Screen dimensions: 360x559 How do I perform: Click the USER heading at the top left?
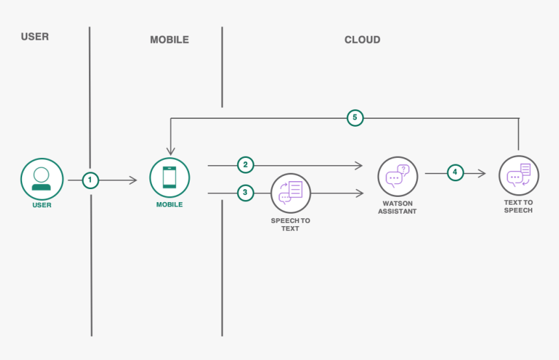coord(34,36)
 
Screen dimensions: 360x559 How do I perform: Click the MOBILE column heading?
coord(169,40)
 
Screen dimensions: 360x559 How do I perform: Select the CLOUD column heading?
coord(362,40)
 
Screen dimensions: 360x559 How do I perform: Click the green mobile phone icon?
coord(169,177)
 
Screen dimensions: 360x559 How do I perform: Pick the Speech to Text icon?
coord(291,193)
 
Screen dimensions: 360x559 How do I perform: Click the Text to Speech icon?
coord(518,176)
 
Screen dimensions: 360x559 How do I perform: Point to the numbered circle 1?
coord(90,180)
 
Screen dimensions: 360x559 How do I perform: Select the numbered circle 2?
coord(245,165)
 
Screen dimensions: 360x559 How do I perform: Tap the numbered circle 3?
coord(245,192)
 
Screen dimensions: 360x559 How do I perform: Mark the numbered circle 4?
coord(455,173)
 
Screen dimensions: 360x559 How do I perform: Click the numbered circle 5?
coord(354,118)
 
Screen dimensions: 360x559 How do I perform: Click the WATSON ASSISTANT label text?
coord(397,207)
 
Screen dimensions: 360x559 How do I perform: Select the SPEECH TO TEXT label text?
coord(291,225)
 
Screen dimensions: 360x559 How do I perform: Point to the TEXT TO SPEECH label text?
coord(518,206)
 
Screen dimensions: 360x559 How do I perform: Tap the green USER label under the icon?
coord(42,205)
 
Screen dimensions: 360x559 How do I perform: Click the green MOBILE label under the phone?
coord(169,205)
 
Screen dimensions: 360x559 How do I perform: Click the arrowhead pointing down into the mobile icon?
coord(170,150)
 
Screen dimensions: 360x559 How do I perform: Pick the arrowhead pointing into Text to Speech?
coord(482,174)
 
